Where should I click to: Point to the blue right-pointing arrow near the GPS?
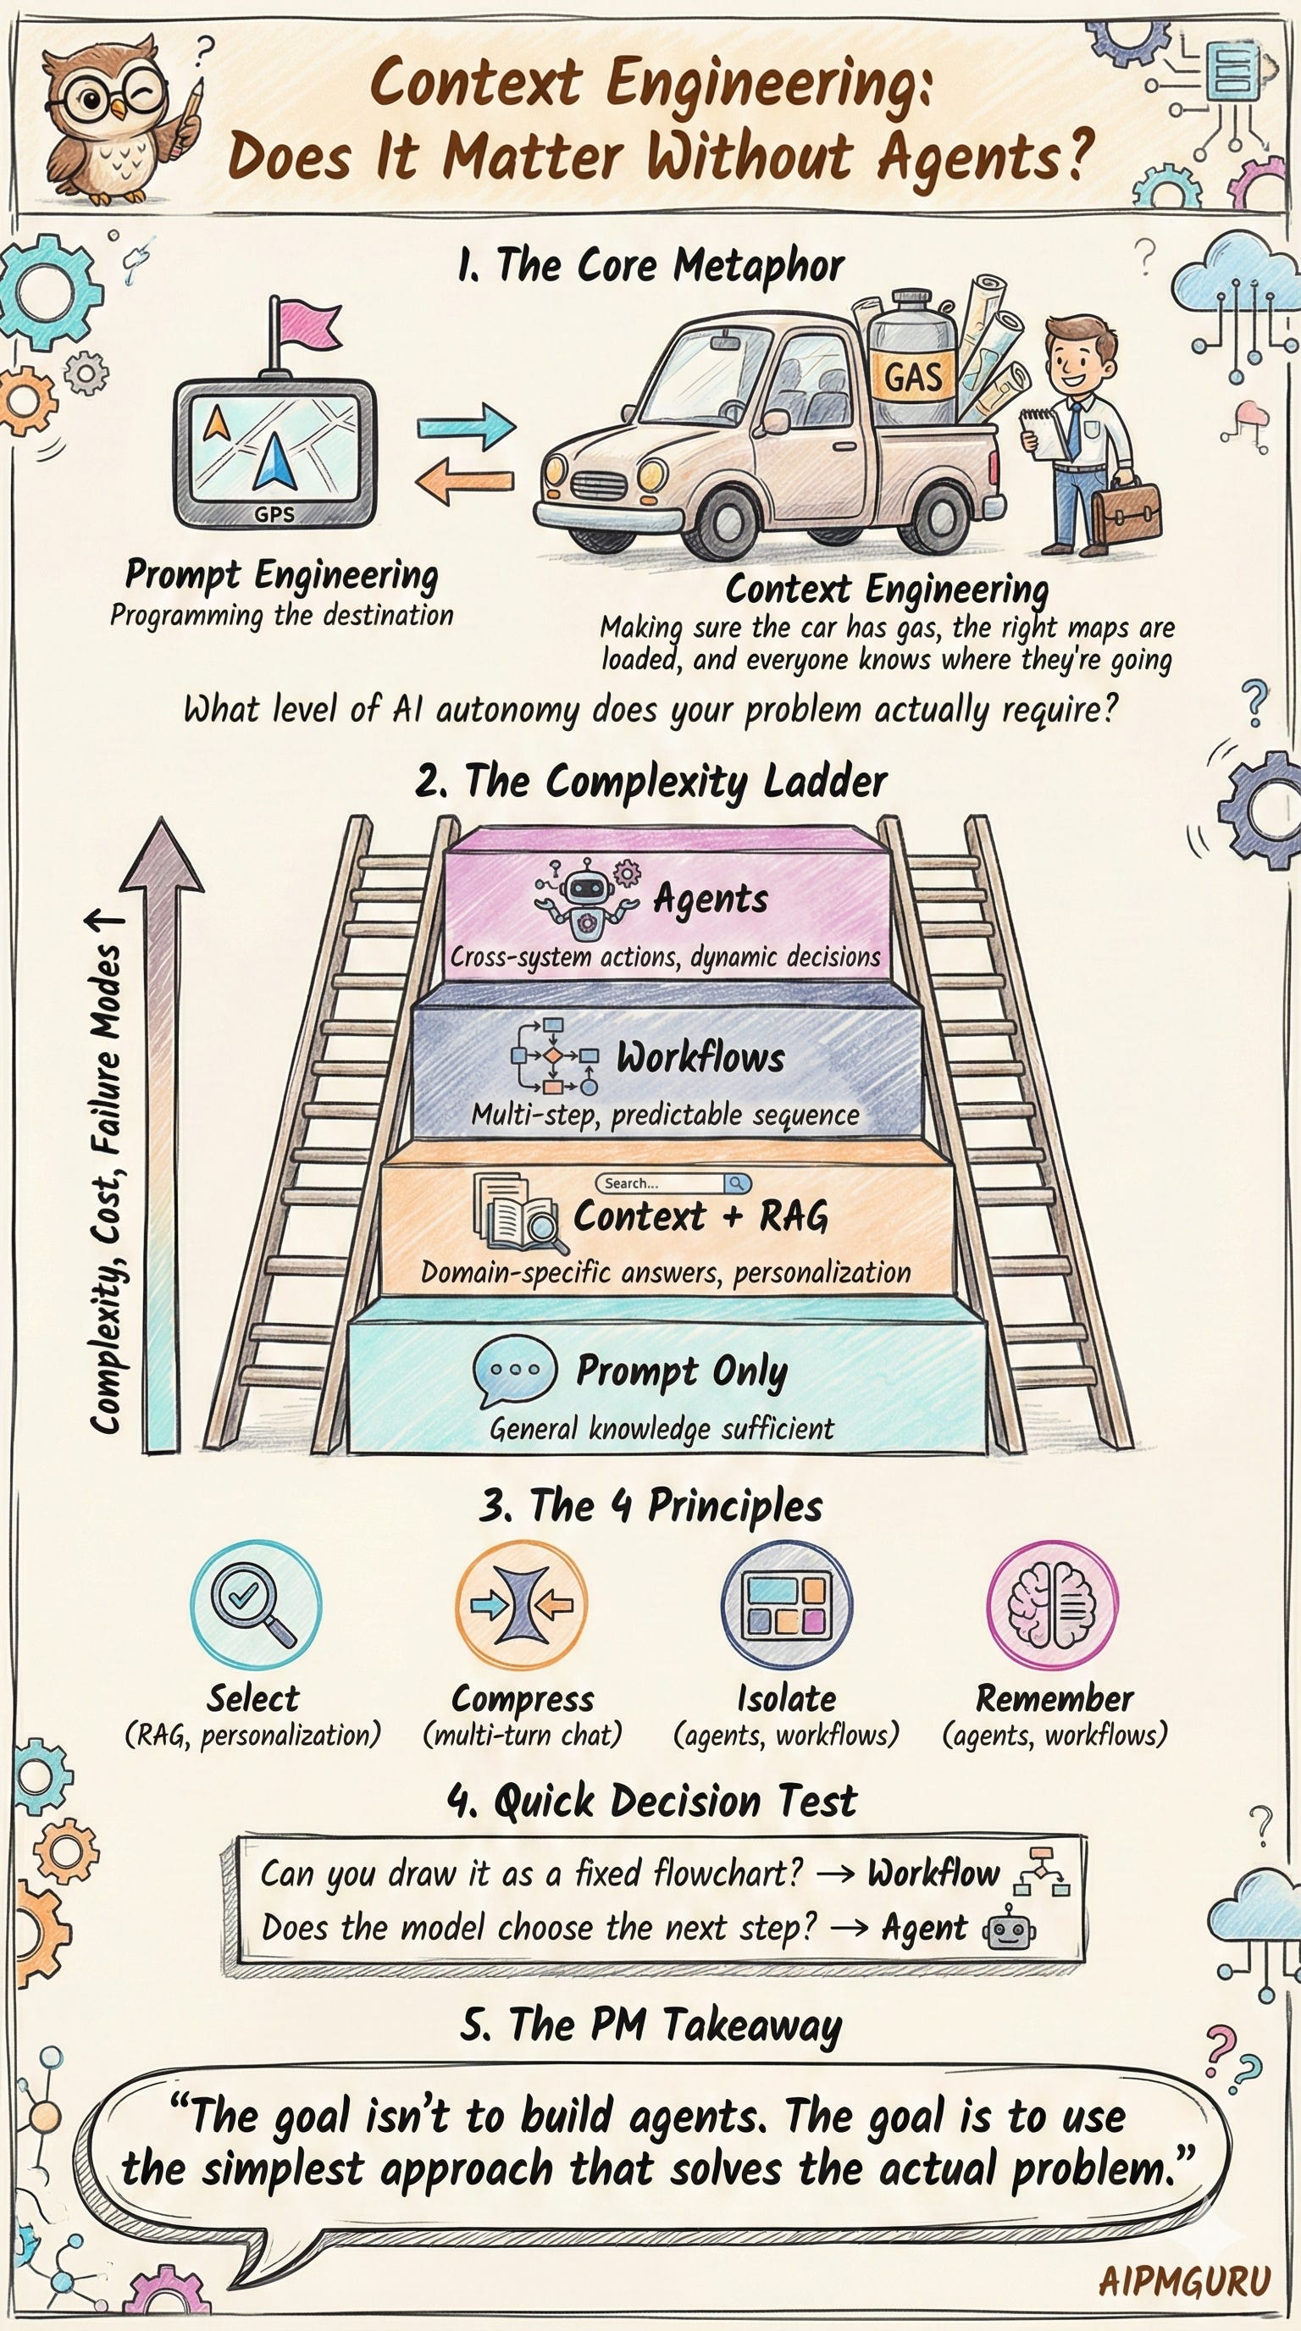pyautogui.click(x=466, y=424)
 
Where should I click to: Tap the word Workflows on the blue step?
pyautogui.click(x=700, y=1058)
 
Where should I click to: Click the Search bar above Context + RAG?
pyautogui.click(x=673, y=1182)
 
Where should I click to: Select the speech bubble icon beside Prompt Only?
pyautogui.click(x=514, y=1369)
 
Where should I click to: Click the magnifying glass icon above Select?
pyautogui.click(x=254, y=1606)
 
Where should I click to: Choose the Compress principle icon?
pyautogui.click(x=522, y=1606)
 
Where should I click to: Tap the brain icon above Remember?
pyautogui.click(x=1052, y=1606)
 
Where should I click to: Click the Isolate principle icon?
pyautogui.click(x=785, y=1606)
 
